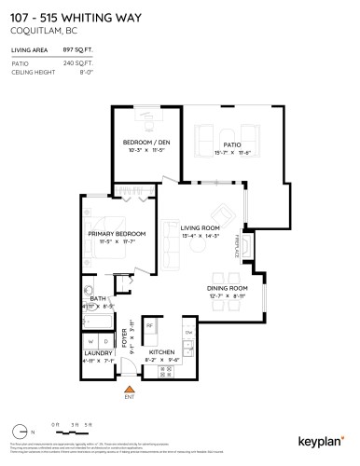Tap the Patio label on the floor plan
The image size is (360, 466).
point(220,144)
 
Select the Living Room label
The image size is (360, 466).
point(200,226)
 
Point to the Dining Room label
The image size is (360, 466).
point(227,289)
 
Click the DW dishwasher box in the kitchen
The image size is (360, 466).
point(188,332)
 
